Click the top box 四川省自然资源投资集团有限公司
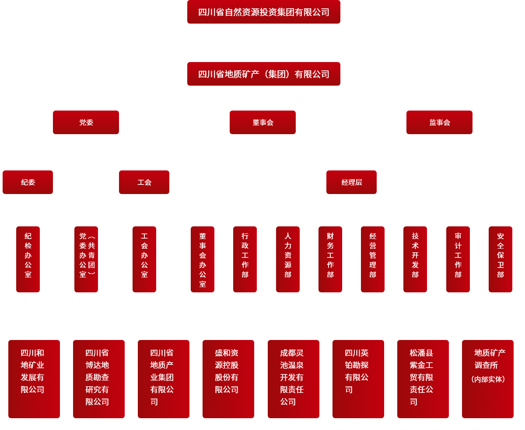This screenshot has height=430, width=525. click(x=263, y=12)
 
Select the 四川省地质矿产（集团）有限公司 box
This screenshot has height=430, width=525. click(x=263, y=74)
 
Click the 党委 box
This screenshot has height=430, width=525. click(x=86, y=122)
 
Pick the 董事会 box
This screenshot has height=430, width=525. click(x=262, y=122)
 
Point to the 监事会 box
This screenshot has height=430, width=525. click(x=439, y=122)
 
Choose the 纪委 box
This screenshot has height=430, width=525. click(x=28, y=182)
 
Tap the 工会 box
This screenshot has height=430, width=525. click(x=144, y=182)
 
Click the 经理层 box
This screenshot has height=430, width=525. click(x=351, y=182)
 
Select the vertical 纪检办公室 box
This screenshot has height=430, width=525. click(x=28, y=259)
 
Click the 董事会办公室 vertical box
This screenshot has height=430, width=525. click(x=203, y=259)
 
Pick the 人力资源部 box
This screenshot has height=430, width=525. click(x=288, y=259)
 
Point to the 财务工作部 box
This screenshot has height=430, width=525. click(x=330, y=259)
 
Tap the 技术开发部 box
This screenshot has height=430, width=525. click(x=415, y=259)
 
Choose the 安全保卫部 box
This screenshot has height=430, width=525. click(x=500, y=259)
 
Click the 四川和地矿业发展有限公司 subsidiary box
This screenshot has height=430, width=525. click(x=34, y=379)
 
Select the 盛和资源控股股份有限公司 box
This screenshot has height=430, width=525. click(x=228, y=379)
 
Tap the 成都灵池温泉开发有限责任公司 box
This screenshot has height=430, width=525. click(x=294, y=379)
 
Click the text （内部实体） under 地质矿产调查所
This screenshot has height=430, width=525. click(x=488, y=379)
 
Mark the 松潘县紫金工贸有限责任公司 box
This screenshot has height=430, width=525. click(x=423, y=379)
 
